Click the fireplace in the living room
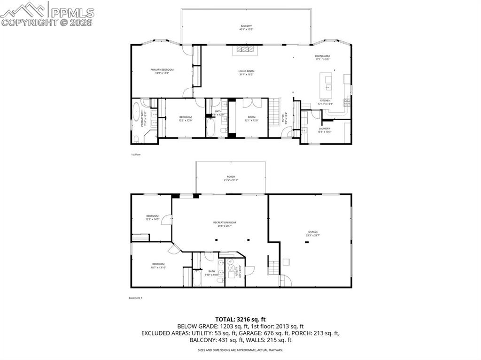[x=244, y=48]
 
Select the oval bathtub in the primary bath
[x=137, y=113]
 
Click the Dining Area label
[x=322, y=56]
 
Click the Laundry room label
[x=325, y=128]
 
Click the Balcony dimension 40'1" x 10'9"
[x=246, y=30]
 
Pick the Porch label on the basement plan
[x=231, y=176]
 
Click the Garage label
[x=313, y=231]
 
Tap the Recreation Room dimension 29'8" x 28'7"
[x=224, y=226]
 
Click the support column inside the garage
[x=306, y=242]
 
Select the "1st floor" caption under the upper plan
[x=135, y=154]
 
